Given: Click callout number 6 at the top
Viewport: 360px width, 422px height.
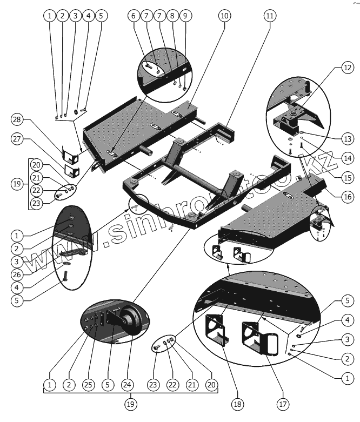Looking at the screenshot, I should (x=133, y=16).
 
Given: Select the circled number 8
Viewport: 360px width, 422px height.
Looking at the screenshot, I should (x=172, y=16).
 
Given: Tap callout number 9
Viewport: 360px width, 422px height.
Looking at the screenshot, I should (x=185, y=16).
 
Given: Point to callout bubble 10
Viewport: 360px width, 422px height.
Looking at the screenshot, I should (x=224, y=16).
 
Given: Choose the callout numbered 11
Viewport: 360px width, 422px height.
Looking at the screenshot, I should (x=269, y=16).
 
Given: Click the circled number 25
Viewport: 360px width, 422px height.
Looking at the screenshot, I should (x=89, y=385).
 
